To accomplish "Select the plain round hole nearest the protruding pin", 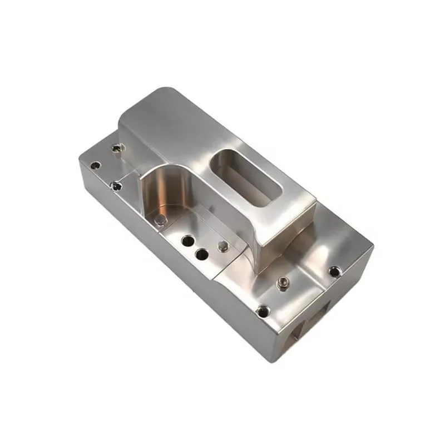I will (202, 255).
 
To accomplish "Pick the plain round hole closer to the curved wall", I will (187, 241).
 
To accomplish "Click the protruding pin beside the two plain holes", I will (222, 245).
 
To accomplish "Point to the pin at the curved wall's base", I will (161, 221).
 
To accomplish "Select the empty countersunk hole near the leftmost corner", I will (96, 165).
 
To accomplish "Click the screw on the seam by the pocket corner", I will (115, 185).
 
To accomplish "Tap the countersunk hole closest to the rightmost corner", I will (334, 271).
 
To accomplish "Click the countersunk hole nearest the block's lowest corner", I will (263, 310).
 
